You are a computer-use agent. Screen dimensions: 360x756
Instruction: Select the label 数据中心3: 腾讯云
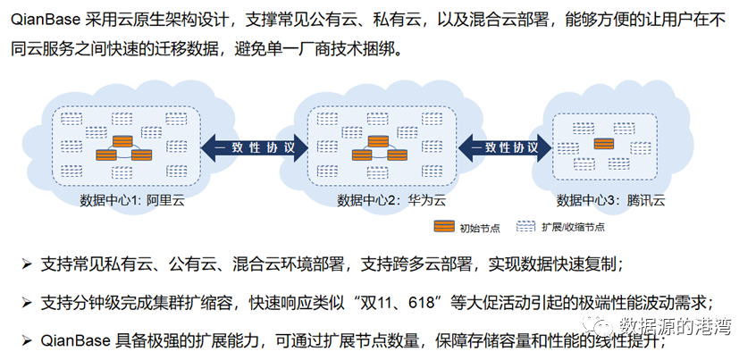click(x=610, y=200)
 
